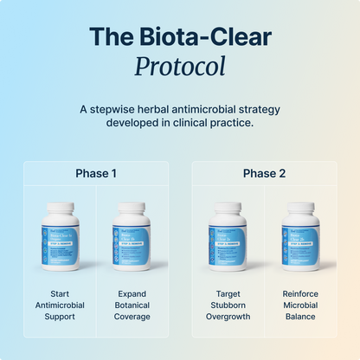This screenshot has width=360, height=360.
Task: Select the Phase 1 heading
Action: [95, 173]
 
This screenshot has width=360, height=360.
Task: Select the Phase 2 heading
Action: [263, 173]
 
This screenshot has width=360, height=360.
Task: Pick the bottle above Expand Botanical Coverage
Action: [132, 238]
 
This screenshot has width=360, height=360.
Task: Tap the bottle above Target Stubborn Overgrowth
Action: [228, 238]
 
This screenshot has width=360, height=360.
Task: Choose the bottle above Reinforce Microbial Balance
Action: [300, 238]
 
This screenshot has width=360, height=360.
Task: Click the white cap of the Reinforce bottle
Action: [300, 209]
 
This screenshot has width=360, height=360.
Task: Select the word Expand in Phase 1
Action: [132, 293]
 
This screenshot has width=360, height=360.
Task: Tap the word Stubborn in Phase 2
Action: [228, 305]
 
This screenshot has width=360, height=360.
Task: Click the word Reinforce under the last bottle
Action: [300, 293]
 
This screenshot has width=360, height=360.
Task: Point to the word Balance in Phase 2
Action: [300, 316]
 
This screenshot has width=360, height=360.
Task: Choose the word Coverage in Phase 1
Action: [132, 316]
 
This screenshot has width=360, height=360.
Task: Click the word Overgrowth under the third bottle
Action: [228, 316]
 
